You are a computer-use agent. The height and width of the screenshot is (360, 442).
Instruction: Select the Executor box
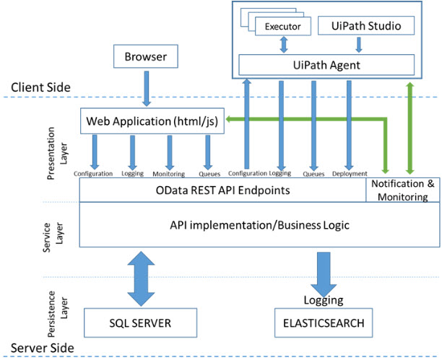[282, 27]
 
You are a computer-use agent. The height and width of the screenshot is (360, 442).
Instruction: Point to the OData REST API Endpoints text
[223, 190]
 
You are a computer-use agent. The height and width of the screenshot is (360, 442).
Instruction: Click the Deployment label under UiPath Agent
[350, 174]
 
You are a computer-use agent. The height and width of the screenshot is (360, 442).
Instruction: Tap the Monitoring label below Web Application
[169, 174]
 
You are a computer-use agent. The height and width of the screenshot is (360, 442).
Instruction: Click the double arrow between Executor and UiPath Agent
[282, 45]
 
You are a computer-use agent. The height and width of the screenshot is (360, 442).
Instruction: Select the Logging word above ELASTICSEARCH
[318, 299]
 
